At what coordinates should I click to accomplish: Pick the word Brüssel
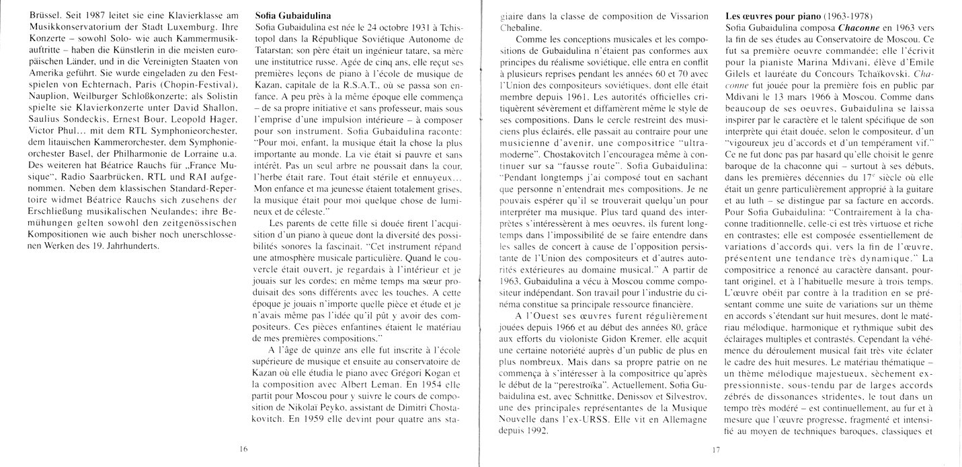coord(25,14)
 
